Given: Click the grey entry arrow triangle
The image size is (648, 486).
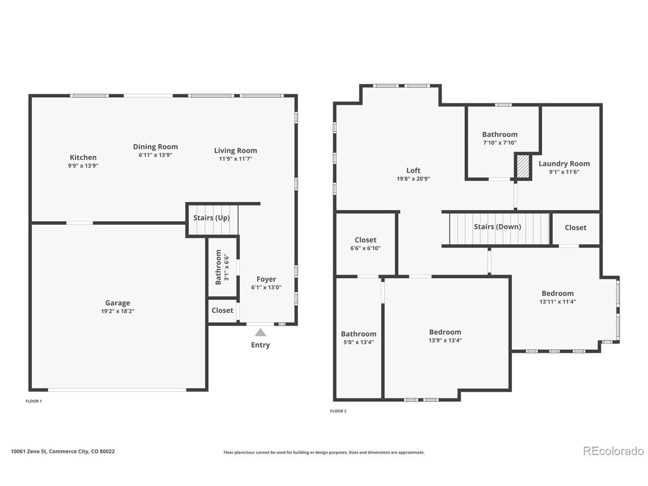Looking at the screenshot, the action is [x=260, y=333].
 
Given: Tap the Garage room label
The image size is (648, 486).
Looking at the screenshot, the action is [x=117, y=303].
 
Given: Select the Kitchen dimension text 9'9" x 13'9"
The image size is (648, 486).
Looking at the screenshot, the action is [x=83, y=166].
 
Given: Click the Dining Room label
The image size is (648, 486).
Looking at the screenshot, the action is [x=155, y=147].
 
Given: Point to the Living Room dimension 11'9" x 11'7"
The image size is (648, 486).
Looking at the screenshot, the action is [x=235, y=159].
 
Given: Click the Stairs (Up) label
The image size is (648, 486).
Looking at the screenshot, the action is [x=212, y=218].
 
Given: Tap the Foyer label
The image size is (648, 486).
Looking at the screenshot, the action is [x=266, y=279].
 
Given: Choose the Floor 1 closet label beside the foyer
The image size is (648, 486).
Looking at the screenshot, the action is [x=222, y=310].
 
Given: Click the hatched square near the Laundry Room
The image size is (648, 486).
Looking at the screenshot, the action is [x=523, y=167].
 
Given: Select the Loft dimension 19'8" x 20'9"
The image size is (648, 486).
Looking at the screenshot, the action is [x=413, y=179].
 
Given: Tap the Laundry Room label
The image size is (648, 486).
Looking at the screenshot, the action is [x=564, y=164].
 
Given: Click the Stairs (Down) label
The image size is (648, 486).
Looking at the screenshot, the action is [x=497, y=227].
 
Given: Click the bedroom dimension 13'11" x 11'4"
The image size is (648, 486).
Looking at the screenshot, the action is [x=557, y=302].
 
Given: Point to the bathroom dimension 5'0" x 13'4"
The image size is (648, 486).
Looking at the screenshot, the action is [x=358, y=342].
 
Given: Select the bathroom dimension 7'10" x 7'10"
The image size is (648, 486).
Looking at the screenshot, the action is [x=500, y=143].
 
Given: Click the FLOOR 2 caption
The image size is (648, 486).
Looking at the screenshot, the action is [x=338, y=411].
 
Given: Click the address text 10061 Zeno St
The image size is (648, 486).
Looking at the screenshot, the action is [x=29, y=451].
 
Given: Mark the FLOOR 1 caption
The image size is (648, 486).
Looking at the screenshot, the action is [x=33, y=401].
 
